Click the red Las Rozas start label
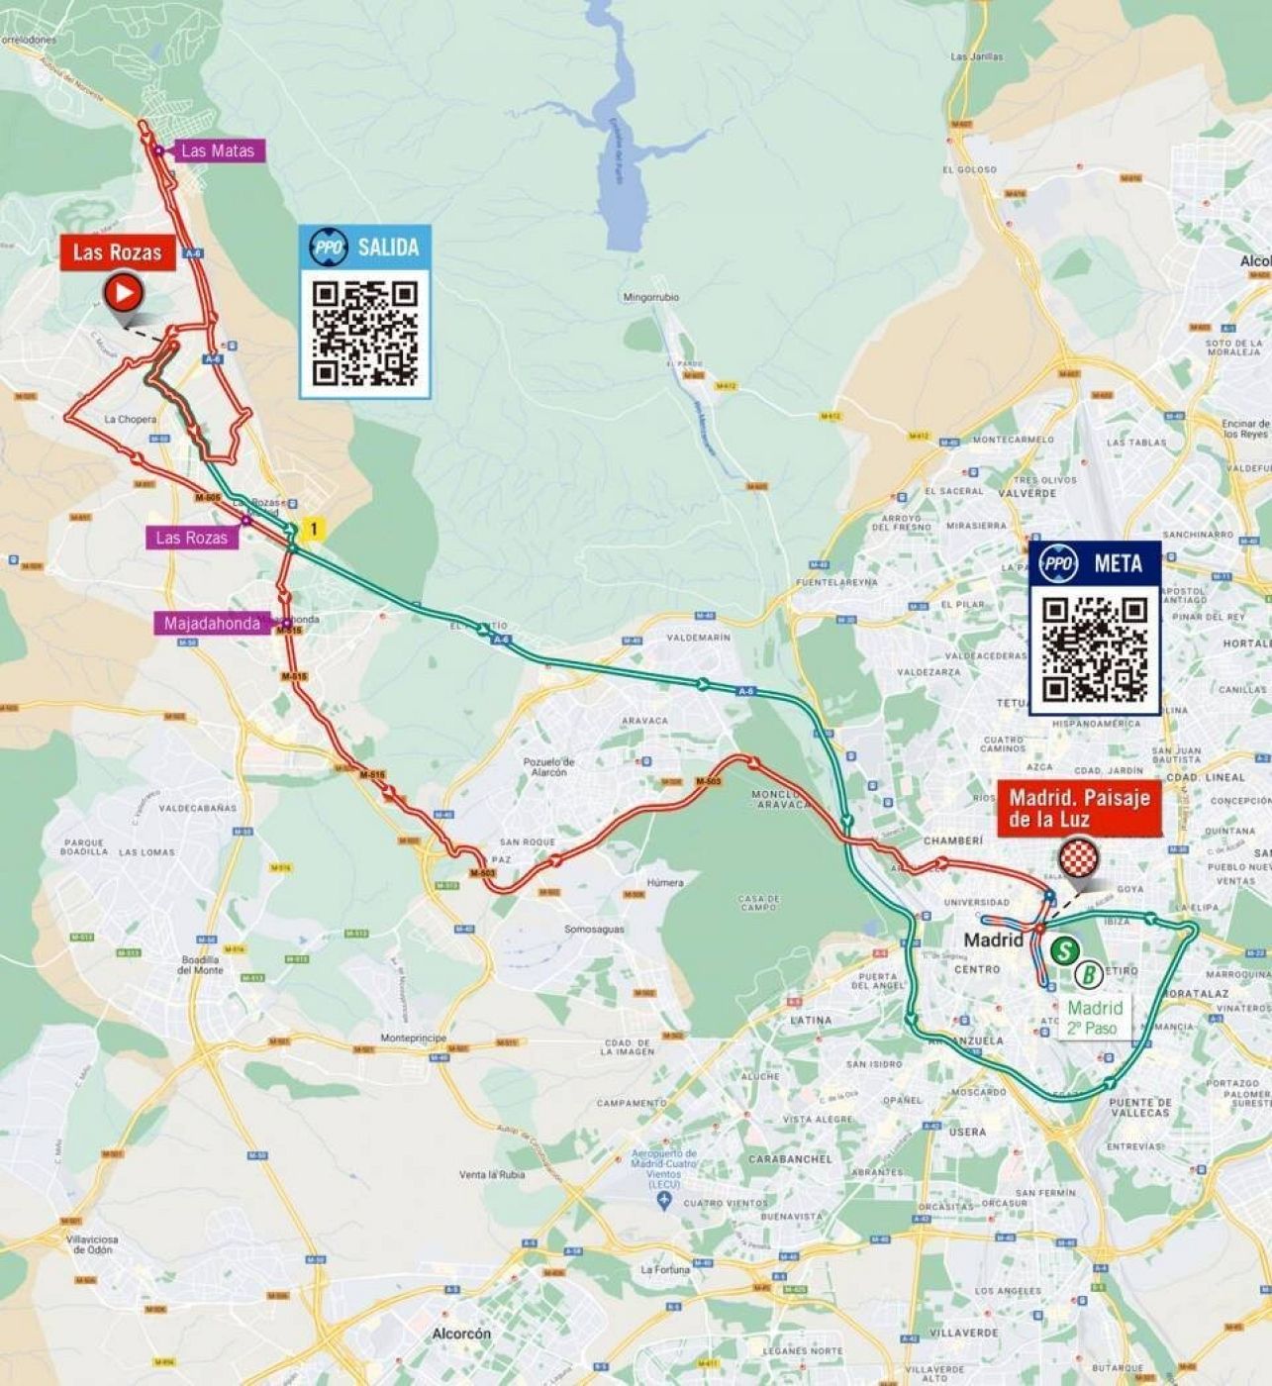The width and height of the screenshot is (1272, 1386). [117, 252]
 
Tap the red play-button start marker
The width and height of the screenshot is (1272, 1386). [124, 293]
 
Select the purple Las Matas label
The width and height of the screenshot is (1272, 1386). [218, 150]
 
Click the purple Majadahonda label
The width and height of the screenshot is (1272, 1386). [212, 624]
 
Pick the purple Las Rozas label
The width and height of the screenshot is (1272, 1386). [191, 538]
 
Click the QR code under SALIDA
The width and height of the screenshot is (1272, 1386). [364, 333]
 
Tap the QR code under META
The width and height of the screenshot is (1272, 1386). [1095, 649]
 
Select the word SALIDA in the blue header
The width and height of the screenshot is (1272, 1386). [388, 247]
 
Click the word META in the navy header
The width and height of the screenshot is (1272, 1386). [1118, 563]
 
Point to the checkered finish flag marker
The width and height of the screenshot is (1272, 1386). [1078, 858]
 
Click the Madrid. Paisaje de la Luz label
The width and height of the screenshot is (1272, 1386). [1079, 808]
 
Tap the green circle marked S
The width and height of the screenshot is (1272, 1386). [1064, 951]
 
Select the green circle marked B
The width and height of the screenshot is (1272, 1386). [1089, 974]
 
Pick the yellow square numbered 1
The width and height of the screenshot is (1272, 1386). [314, 530]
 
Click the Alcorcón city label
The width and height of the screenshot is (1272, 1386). [461, 1334]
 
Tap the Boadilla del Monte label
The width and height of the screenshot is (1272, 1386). [200, 965]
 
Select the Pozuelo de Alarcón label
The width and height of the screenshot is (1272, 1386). [548, 766]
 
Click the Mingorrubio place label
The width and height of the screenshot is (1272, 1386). [650, 297]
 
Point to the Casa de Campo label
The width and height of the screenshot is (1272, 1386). [759, 903]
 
